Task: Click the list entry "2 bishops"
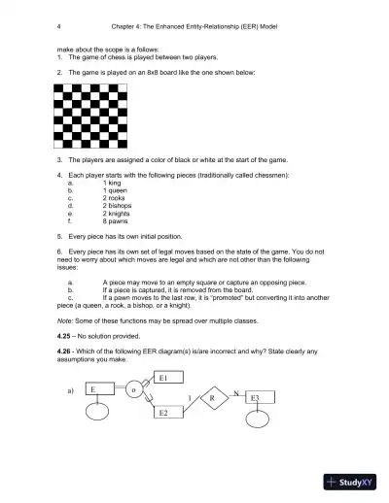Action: [119, 206]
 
